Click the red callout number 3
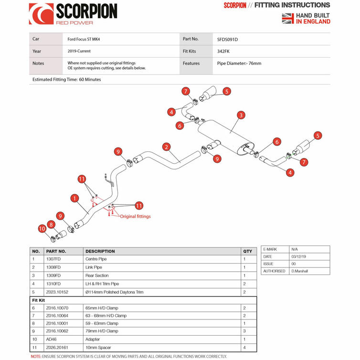pyautogui.click(x=241, y=115)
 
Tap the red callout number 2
pyautogui.click(x=167, y=147)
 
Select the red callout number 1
pyautogui.click(x=74, y=198)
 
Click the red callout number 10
pyautogui.click(x=42, y=228)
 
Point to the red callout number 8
pyautogui.click(x=51, y=224)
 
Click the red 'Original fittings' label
pyautogui.click(x=135, y=216)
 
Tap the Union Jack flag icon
pyautogui.click(x=288, y=18)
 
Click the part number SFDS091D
pyautogui.click(x=227, y=40)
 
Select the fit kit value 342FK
pyautogui.click(x=223, y=52)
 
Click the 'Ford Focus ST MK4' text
pyautogui.click(x=84, y=39)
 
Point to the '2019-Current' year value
pyautogui.click(x=79, y=51)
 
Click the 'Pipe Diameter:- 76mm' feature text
pyautogui.click(x=239, y=64)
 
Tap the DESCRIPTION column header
pyautogui.click(x=100, y=252)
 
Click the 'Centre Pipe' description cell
pyautogui.click(x=96, y=259)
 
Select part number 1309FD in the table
pyautogui.click(x=53, y=275)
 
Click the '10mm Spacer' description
pyautogui.click(x=98, y=348)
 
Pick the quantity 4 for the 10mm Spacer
pyautogui.click(x=244, y=348)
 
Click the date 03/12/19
pyautogui.click(x=298, y=256)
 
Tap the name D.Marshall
pyautogui.click(x=300, y=271)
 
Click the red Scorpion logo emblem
pyautogui.click(x=42, y=14)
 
